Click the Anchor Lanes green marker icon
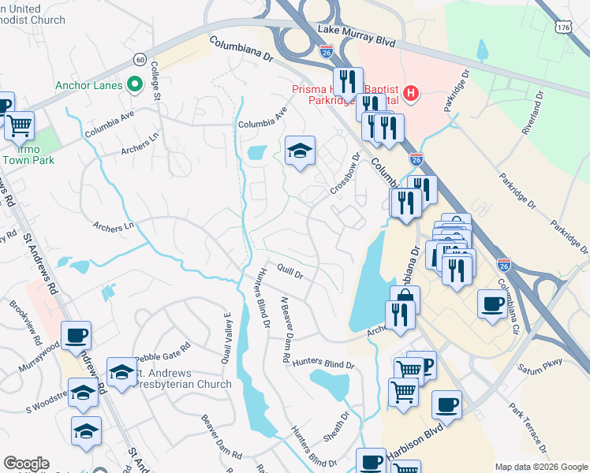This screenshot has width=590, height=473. pyautogui.click(x=134, y=84)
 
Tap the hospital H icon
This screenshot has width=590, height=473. pyautogui.click(x=410, y=94)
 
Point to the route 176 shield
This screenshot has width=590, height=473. pyautogui.click(x=563, y=27)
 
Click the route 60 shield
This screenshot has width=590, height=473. pyautogui.click(x=140, y=59)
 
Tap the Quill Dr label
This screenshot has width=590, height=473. pyautogui.click(x=289, y=272)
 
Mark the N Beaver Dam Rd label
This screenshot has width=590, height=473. pyautogui.click(x=286, y=331)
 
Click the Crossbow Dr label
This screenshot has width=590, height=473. pyautogui.click(x=345, y=175)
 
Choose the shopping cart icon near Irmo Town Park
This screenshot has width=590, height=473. pyautogui.click(x=20, y=124)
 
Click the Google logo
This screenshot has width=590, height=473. pyautogui.click(x=26, y=464)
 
